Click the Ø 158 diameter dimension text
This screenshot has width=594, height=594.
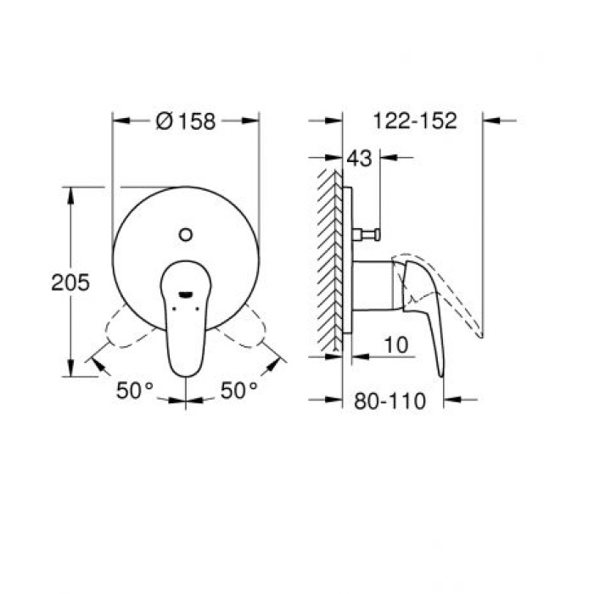[186, 121]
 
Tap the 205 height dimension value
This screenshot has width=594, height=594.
[71, 283]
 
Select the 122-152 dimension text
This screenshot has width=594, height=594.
[415, 120]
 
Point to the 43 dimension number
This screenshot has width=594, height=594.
[360, 158]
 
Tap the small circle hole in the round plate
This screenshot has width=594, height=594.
[187, 231]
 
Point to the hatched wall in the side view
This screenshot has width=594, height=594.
[328, 259]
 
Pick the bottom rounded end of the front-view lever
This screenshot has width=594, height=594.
[187, 372]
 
